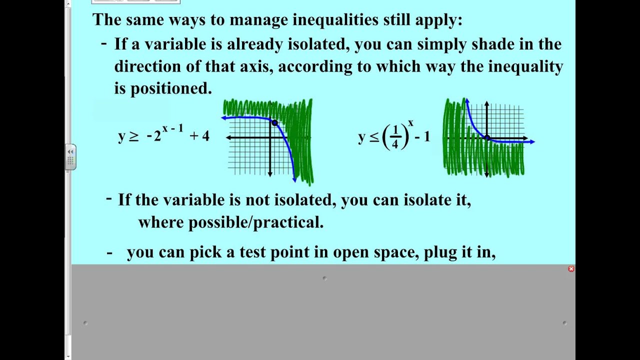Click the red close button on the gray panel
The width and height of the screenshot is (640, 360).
tap(571, 269)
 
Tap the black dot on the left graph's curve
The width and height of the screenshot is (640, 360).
tap(274, 122)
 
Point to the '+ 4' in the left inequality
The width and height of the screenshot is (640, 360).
tap(199, 136)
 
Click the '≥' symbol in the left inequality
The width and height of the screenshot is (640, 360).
tap(134, 136)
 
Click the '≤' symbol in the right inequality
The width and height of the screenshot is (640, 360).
tap(374, 137)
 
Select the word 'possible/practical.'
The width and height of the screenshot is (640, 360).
tap(256, 222)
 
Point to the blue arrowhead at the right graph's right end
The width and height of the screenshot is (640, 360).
tap(532, 142)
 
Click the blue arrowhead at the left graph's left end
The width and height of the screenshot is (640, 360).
tap(223, 118)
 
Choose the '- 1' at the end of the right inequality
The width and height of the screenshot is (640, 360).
tap(422, 136)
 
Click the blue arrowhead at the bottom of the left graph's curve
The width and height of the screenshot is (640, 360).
tap(294, 179)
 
